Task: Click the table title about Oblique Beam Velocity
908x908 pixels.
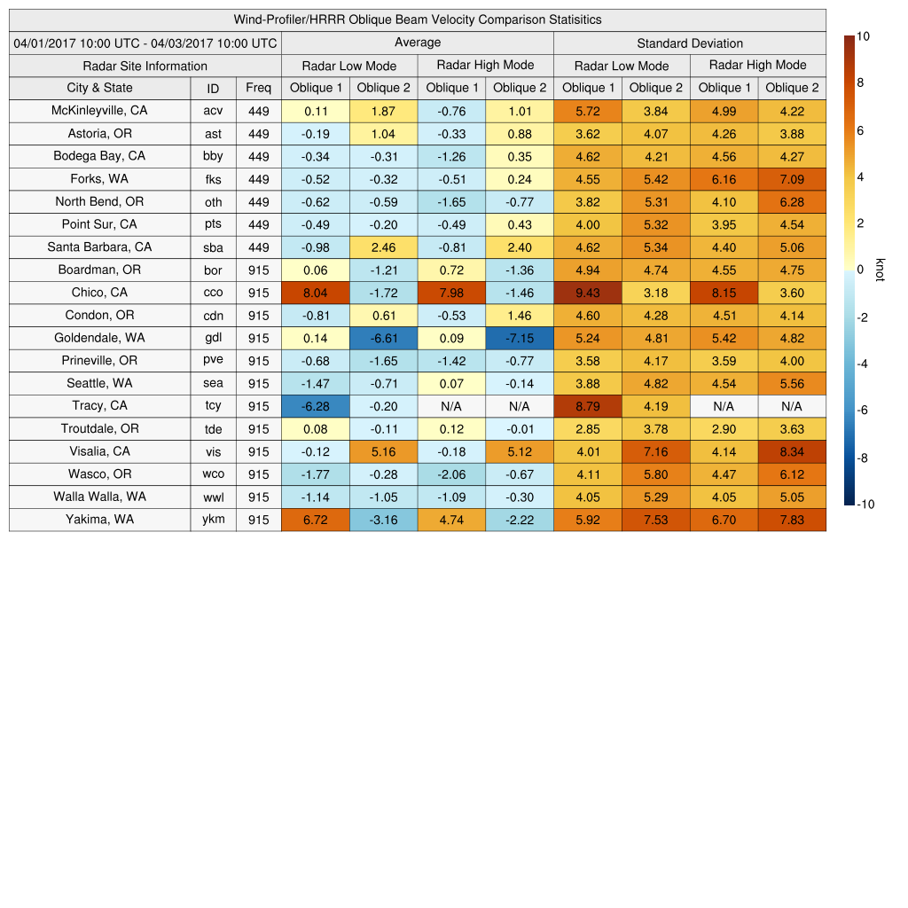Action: [x=418, y=20]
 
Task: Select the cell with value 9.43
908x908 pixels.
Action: [x=587, y=293]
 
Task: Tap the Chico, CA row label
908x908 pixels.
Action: [x=99, y=293]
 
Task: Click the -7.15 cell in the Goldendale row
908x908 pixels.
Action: [x=520, y=338]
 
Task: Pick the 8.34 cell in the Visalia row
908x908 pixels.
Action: [x=792, y=451]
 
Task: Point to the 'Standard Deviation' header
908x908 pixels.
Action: [x=690, y=43]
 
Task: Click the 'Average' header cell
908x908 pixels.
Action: [x=418, y=43]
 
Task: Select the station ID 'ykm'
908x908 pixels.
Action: [x=213, y=520]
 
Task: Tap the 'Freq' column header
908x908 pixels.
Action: [x=258, y=88]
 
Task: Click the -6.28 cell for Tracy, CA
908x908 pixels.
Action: [x=316, y=406]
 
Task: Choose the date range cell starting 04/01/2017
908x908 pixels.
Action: [x=145, y=43]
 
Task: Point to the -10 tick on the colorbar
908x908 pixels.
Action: [x=865, y=505]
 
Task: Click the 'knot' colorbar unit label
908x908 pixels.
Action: [x=881, y=270]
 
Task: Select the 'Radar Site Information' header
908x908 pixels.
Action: [x=145, y=66]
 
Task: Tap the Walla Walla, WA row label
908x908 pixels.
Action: [x=99, y=497]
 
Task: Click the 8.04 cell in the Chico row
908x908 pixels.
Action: [x=316, y=293]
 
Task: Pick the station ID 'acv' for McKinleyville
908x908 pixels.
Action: [x=213, y=111]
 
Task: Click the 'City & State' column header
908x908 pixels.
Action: [x=99, y=88]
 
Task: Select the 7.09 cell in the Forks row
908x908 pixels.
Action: [x=792, y=179]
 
